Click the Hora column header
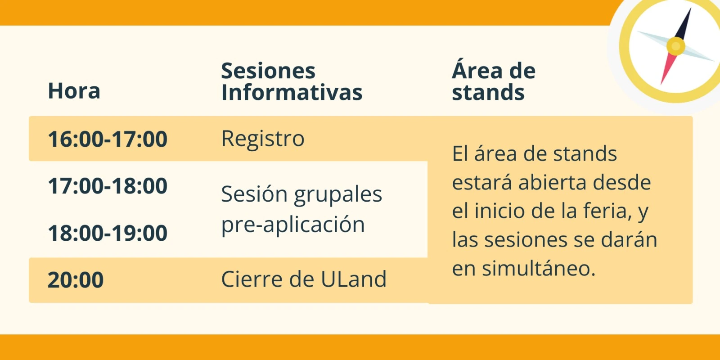click(x=74, y=90)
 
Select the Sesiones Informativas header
click(x=292, y=81)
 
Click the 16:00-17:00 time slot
click(x=108, y=139)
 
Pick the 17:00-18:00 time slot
click(x=108, y=186)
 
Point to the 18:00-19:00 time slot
click(x=108, y=233)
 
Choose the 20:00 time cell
click(x=76, y=279)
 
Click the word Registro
click(x=263, y=139)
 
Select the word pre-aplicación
click(x=293, y=225)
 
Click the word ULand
click(x=353, y=279)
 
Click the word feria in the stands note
click(x=603, y=211)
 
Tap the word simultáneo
click(x=538, y=268)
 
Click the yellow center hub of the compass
click(x=675, y=46)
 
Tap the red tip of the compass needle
click(x=661, y=83)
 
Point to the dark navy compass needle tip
click(x=690, y=9)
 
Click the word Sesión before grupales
click(x=254, y=194)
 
